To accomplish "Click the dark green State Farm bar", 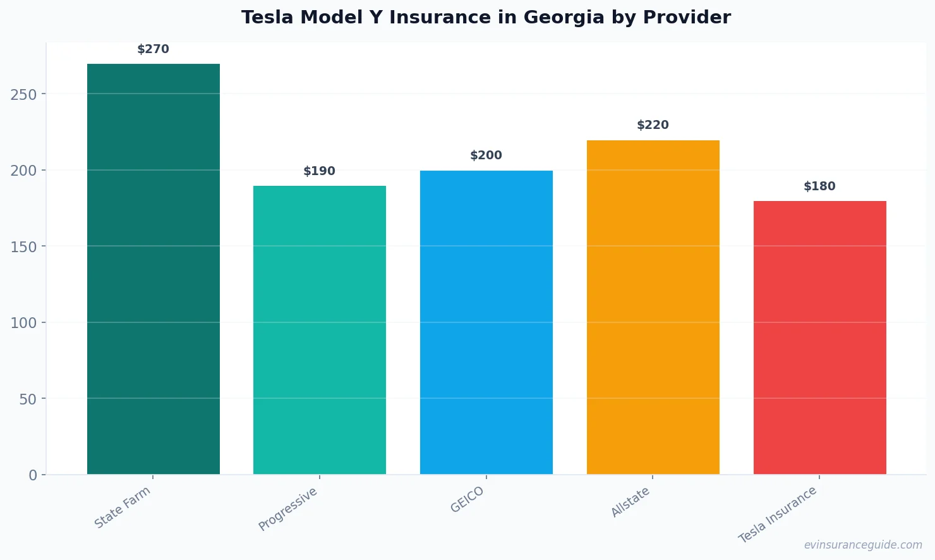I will [x=154, y=269].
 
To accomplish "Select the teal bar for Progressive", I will [x=320, y=329].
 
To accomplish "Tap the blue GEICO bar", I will [x=486, y=322].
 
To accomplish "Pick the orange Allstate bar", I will [x=653, y=307].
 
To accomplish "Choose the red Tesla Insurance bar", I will [x=819, y=338].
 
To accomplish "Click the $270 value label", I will [x=154, y=49].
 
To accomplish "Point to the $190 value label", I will [x=320, y=171].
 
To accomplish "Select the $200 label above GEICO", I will [x=486, y=155].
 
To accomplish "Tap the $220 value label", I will [x=653, y=125].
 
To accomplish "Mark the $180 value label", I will [x=819, y=186].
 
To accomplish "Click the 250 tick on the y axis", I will [x=23, y=94].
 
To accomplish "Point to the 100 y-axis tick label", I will [x=23, y=323].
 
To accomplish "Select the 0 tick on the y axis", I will [x=33, y=475].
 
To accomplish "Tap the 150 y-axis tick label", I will [x=23, y=247].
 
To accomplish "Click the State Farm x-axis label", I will [x=123, y=508].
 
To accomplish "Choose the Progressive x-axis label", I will [x=288, y=509].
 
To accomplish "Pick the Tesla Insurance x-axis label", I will [x=778, y=514].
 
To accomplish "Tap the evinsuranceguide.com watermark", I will [x=863, y=545].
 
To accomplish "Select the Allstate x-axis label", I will [x=630, y=502].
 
